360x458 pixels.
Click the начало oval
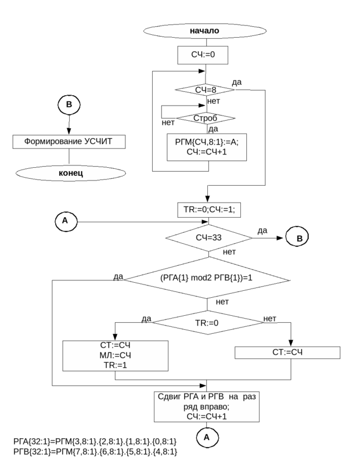point(204,31)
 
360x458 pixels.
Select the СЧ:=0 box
point(203,55)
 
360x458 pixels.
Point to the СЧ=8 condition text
point(206,90)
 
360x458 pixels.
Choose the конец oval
point(70,173)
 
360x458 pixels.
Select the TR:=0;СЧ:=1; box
point(208,210)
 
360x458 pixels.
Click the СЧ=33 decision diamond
point(208,237)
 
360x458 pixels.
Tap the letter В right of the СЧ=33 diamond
point(300,239)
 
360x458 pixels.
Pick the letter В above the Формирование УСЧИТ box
point(69,104)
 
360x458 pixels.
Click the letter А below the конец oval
point(65,220)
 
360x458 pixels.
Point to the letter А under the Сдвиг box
point(206,437)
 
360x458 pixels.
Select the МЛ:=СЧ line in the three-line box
point(115,355)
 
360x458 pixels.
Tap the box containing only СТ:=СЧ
point(287,352)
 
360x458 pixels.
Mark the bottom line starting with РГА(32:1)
point(95,442)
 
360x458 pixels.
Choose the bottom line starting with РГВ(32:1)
point(95,451)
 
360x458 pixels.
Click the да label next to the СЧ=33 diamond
point(262,232)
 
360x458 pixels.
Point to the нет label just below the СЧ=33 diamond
point(229,252)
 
